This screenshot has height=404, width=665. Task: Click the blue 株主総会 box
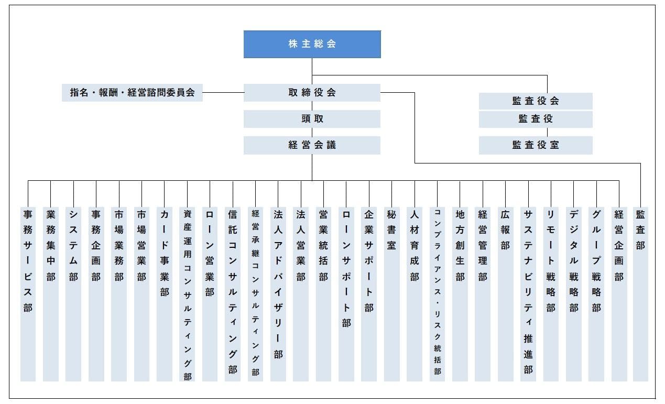(x=312, y=44)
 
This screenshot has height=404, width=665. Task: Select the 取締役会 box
(x=312, y=93)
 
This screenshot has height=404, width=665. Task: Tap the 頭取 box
(x=312, y=119)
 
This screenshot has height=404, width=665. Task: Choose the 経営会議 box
(x=312, y=145)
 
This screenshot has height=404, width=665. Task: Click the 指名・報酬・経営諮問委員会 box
(x=132, y=93)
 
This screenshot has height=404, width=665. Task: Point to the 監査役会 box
(x=536, y=101)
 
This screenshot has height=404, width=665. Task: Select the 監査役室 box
(x=536, y=145)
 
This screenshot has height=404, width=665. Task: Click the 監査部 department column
(x=640, y=293)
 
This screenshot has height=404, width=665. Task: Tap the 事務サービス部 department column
(x=28, y=293)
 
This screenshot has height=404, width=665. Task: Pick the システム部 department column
(x=73, y=293)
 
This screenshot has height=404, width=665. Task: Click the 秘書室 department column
(x=391, y=293)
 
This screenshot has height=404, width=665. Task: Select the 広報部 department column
(x=505, y=293)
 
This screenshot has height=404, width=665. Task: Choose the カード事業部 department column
(x=165, y=293)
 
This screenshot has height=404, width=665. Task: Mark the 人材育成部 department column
(x=415, y=293)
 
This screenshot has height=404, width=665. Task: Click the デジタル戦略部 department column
(x=574, y=293)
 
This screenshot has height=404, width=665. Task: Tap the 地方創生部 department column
(x=460, y=293)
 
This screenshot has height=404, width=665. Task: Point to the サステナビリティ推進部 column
(x=528, y=293)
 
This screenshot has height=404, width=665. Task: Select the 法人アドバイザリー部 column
(x=278, y=293)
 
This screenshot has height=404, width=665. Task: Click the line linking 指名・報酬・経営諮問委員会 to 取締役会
(x=223, y=93)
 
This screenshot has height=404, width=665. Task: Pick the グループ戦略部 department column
(x=596, y=293)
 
